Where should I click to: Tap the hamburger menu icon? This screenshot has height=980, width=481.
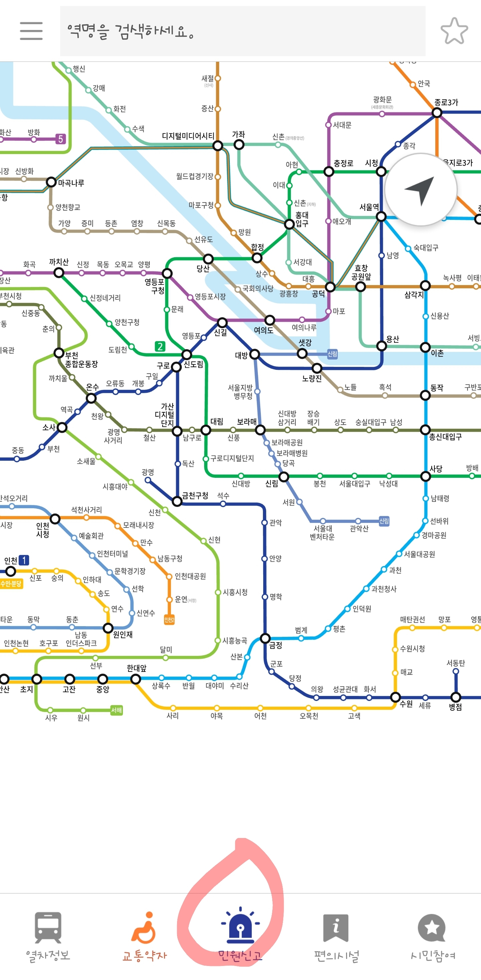point(31,31)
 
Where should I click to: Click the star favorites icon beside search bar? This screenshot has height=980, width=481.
point(454,31)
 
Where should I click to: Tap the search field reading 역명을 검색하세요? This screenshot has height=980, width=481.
point(242,31)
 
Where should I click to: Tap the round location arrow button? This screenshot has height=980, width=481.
point(421,189)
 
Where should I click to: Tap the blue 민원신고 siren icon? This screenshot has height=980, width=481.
point(240,925)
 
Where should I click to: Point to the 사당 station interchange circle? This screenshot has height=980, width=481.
point(426,476)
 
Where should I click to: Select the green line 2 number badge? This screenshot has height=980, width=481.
point(160,346)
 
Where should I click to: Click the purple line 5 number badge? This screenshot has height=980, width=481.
point(60,139)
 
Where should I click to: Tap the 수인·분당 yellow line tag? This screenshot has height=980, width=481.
point(11,584)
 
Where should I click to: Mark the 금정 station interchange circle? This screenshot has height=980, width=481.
point(265,638)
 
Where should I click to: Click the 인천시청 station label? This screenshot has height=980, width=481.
point(42,530)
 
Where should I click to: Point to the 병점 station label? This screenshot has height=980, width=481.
point(455,707)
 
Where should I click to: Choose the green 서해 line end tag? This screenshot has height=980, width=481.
point(116,710)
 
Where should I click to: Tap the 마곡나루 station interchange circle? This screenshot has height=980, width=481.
point(51,182)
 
